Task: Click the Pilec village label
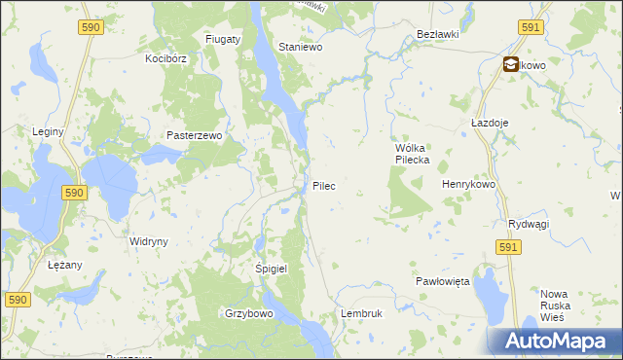coord(324,185)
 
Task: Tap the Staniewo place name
coord(300,47)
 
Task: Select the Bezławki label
coord(437,34)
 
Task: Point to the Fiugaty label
coord(223,39)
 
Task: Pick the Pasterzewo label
coord(195,136)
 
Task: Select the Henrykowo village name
coord(469,184)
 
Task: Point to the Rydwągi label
coord(529,224)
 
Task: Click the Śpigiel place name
coord(272,269)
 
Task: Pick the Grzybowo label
coord(248,314)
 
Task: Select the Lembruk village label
coord(362,314)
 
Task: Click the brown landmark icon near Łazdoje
coord(511,65)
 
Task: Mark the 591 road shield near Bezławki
coord(531,28)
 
